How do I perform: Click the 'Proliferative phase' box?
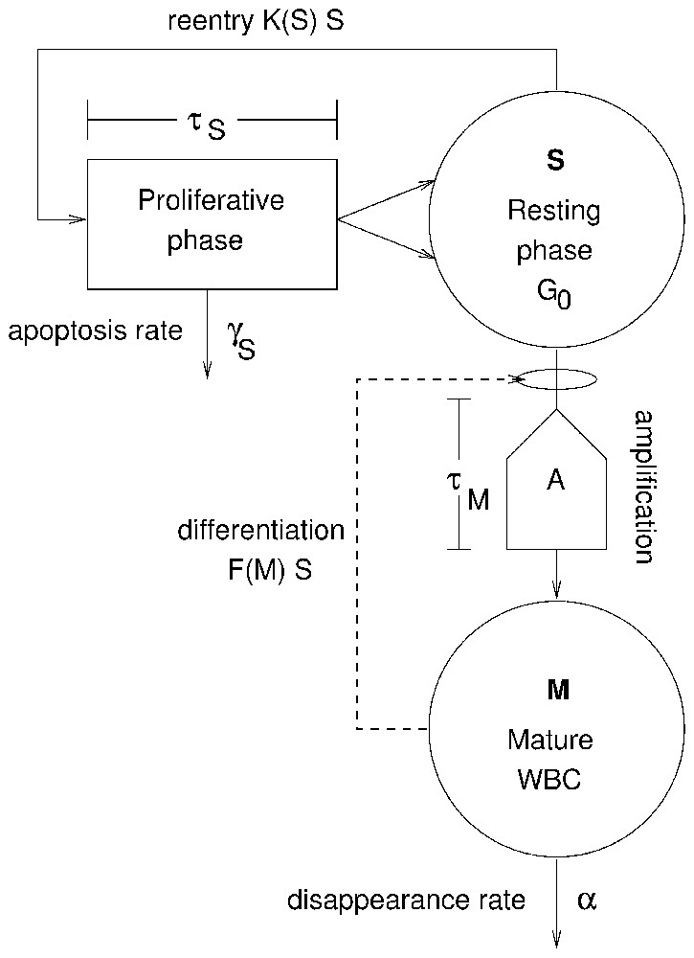click(212, 222)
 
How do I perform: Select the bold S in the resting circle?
click(555, 161)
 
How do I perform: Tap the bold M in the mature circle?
click(558, 689)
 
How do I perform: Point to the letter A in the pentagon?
click(556, 481)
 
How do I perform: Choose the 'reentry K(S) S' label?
click(256, 21)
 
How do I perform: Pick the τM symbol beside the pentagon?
click(469, 489)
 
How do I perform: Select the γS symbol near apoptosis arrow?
click(241, 339)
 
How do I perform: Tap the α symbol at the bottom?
click(587, 900)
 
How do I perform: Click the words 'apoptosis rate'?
click(95, 331)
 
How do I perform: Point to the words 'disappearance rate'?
click(407, 901)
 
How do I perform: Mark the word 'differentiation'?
click(260, 531)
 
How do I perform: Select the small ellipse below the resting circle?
click(556, 379)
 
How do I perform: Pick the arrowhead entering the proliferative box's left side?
click(79, 219)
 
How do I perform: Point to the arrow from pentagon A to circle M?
click(556, 575)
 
